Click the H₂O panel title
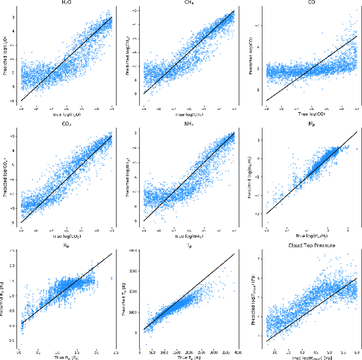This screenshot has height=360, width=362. [66, 3]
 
